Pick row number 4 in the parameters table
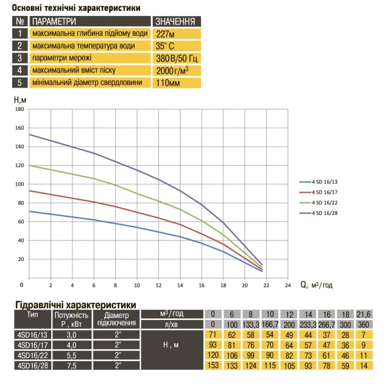tap(20, 70)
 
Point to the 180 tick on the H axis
tap(19, 109)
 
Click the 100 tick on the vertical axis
tap(19, 184)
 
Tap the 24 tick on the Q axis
tap(287, 285)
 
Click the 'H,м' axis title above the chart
tap(20, 99)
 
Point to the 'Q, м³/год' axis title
tap(317, 285)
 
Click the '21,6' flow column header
tap(364, 314)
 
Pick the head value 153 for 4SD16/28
tap(213, 365)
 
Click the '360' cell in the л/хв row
tap(364, 324)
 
